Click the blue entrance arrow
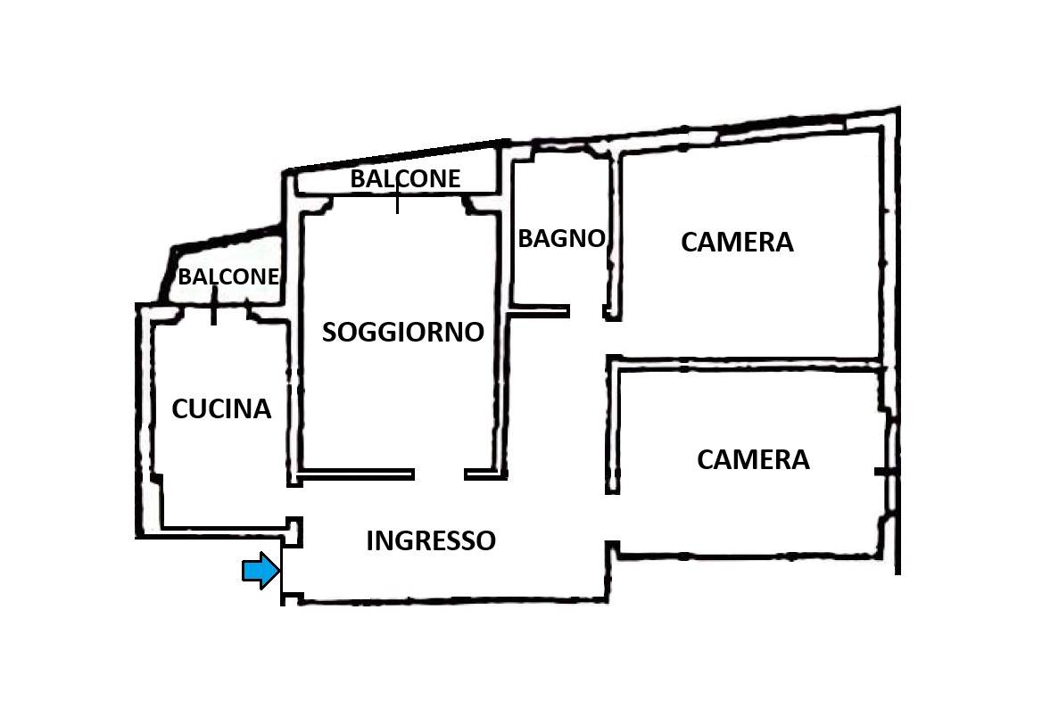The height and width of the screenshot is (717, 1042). point(260,570)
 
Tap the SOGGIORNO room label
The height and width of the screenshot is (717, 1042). point(402,332)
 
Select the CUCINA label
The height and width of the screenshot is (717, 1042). point(221,408)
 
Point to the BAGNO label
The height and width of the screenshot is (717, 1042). point(561,238)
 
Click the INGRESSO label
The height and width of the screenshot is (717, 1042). point(431,541)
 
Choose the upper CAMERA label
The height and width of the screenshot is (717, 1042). point(737,242)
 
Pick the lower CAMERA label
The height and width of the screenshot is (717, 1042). point(753,460)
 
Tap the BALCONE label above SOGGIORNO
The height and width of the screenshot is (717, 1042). point(405,178)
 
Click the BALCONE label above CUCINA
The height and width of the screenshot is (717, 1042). point(228,276)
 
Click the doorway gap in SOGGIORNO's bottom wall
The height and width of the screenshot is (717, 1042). point(439,474)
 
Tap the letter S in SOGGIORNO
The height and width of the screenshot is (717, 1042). point(329,332)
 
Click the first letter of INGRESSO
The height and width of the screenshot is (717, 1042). point(369,541)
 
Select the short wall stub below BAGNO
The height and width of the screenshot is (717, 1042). point(539,311)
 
